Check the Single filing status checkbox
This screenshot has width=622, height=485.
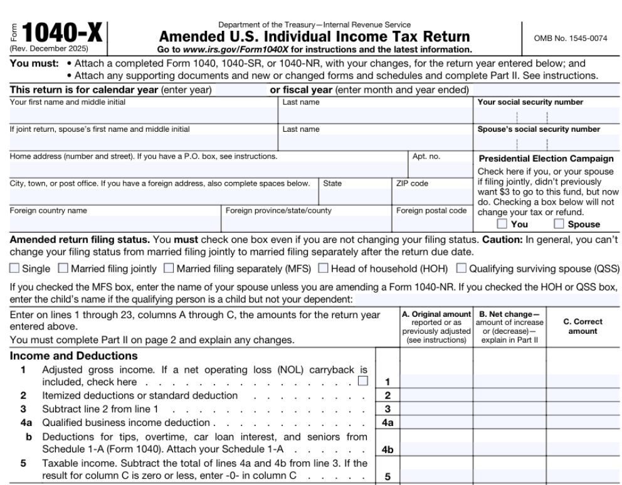(x=14, y=269)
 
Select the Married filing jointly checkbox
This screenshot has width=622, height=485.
(x=63, y=269)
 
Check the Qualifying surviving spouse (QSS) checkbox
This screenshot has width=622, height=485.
(x=461, y=269)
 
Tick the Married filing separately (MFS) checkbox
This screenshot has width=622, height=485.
(x=169, y=269)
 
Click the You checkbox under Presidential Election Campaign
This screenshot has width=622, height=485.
(x=502, y=224)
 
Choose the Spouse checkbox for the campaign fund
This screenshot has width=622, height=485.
(x=559, y=224)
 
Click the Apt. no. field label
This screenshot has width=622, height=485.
(x=426, y=156)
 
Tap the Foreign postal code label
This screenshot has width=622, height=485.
(x=431, y=211)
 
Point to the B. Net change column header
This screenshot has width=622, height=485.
(x=509, y=322)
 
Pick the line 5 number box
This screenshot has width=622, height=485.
(x=387, y=476)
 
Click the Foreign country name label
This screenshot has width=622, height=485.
(x=48, y=211)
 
